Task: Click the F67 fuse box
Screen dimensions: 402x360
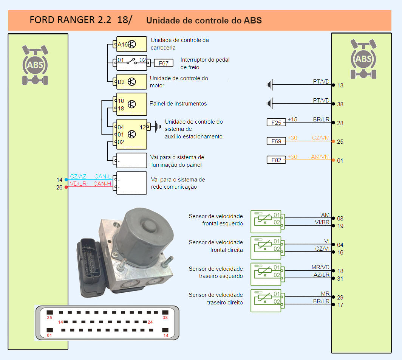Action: pos(164,63)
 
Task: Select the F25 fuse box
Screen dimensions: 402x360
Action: pos(276,123)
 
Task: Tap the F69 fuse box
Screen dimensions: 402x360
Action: pos(276,141)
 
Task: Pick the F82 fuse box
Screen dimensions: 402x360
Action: pos(276,160)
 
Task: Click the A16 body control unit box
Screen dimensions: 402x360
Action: pos(131,44)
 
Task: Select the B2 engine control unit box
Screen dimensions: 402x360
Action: pos(131,82)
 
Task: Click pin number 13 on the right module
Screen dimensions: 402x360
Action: pos(340,85)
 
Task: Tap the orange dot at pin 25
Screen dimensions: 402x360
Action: pos(333,141)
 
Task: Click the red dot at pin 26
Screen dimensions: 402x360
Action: pos(66,187)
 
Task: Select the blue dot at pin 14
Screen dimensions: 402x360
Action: pos(66,180)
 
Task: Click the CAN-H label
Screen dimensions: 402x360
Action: pos(102,184)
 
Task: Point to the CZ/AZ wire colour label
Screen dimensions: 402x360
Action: pos(78,177)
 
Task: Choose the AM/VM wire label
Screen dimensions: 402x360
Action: pos(320,157)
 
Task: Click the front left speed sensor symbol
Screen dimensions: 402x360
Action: pos(266,222)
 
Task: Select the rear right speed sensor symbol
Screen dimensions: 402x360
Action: pos(266,301)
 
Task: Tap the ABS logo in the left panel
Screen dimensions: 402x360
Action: pos(35,65)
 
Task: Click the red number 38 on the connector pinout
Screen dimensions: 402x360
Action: pos(165,318)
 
